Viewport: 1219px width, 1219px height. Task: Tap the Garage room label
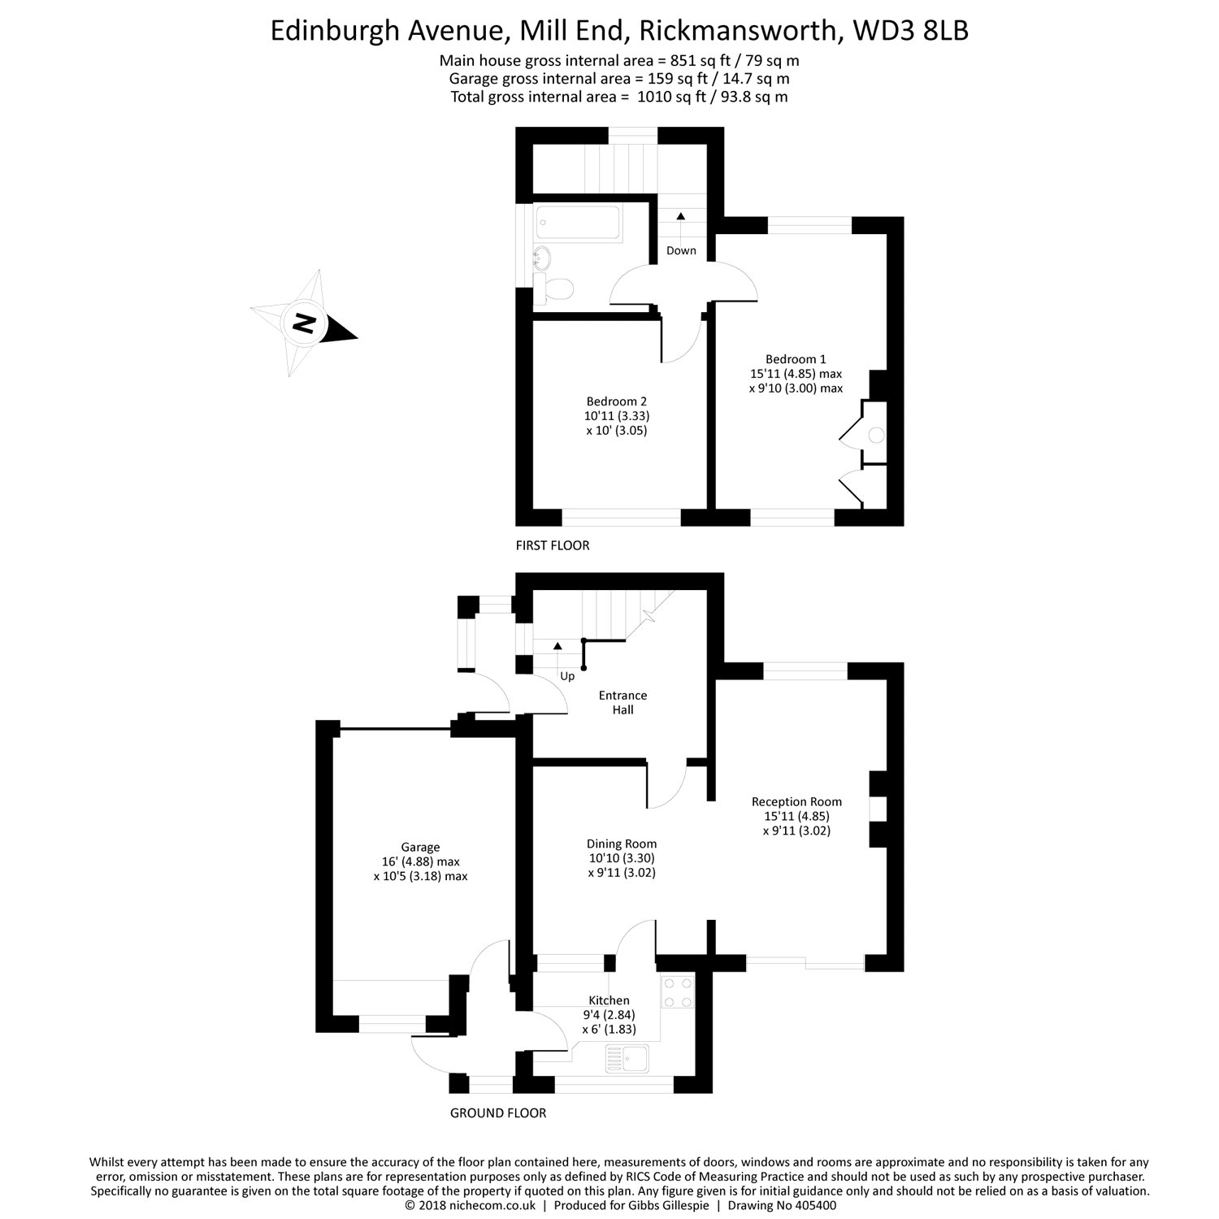coord(420,848)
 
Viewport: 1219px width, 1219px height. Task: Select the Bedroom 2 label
coord(617,401)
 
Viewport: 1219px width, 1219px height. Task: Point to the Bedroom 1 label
coord(796,359)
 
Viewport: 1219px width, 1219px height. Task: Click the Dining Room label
coord(622,844)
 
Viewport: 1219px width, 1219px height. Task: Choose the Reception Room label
coord(796,802)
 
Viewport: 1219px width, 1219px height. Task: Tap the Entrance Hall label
coord(623,702)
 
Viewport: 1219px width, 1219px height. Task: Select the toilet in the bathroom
coord(554,288)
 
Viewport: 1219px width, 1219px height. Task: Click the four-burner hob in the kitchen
coord(678,990)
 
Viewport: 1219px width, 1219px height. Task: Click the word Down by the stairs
coord(681,251)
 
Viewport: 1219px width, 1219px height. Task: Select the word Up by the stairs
coord(567,676)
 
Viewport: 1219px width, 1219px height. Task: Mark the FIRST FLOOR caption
coord(553,545)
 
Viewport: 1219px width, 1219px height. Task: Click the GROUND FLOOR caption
coord(498,1113)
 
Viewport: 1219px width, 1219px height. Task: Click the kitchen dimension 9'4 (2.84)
coord(609,1014)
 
